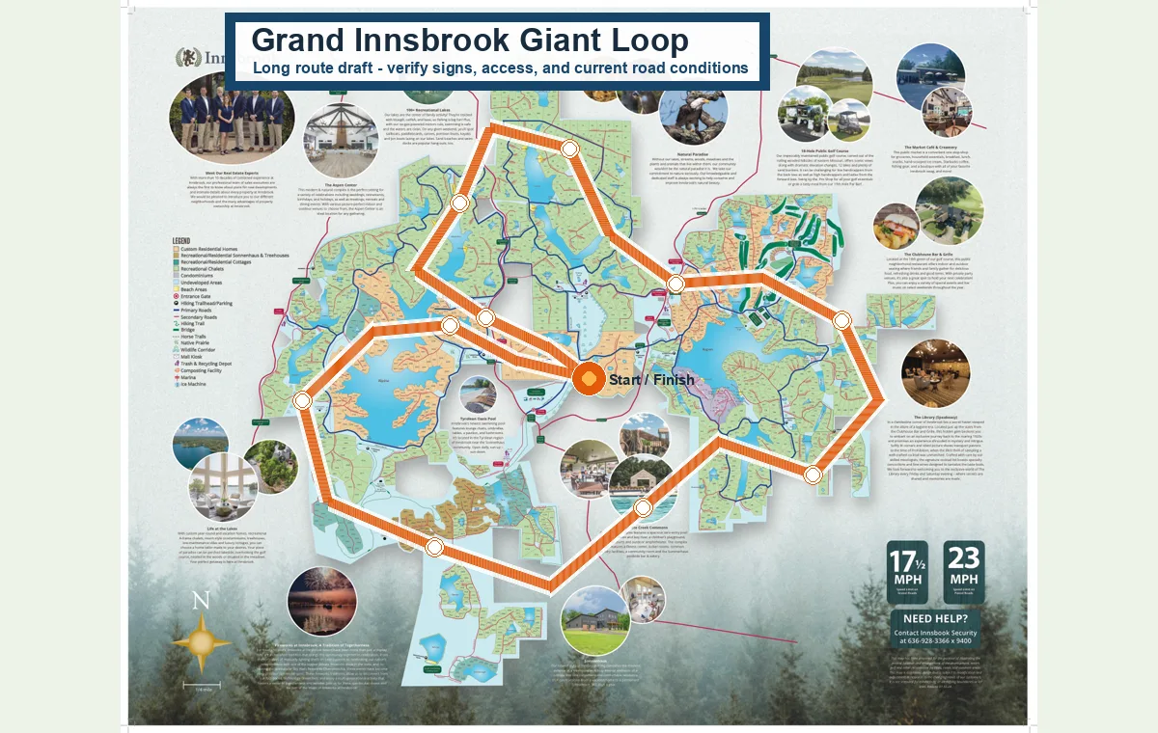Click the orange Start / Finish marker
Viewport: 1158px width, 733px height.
589,379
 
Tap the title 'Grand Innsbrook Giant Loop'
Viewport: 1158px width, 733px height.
470,41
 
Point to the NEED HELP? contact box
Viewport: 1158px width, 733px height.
935,628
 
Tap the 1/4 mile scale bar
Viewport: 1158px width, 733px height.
202,686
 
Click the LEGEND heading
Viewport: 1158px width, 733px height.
181,240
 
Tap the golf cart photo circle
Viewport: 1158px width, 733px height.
806,113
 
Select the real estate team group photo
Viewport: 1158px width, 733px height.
232,116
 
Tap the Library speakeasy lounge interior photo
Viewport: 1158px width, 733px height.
935,373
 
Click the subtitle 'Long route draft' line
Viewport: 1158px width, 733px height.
500,68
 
